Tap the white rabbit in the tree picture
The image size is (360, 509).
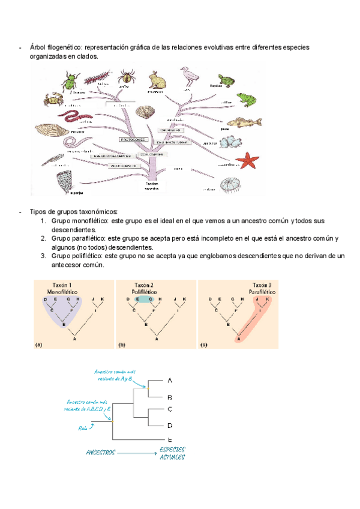[x=157, y=79]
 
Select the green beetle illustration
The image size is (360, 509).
[x=73, y=80]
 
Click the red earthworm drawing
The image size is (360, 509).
[x=73, y=114]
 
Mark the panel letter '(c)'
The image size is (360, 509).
[x=204, y=345]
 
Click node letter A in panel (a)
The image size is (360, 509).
[x=74, y=339]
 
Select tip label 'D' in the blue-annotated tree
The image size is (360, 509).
[x=170, y=426]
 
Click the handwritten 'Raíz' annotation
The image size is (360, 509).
[x=83, y=428]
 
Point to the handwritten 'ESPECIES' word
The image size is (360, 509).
[x=172, y=449]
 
